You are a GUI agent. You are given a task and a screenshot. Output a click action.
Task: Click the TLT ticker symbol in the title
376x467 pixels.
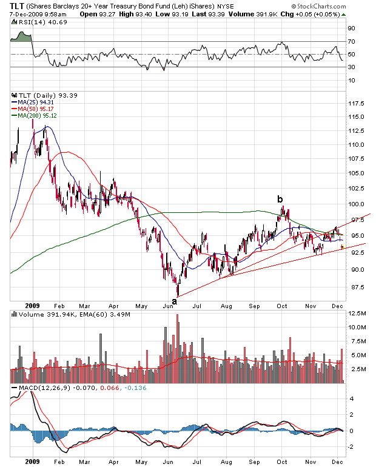[x=16, y=5]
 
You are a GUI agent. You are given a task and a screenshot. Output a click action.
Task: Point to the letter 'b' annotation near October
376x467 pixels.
[x=280, y=199]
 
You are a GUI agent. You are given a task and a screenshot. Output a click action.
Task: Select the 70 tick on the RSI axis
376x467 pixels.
[x=351, y=41]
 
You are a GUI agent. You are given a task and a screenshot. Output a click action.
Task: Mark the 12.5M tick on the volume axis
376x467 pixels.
[x=358, y=314]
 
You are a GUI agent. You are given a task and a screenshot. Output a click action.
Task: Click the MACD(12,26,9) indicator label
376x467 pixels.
[x=45, y=387]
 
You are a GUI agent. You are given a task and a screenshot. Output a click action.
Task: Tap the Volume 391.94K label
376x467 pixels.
[x=42, y=315]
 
